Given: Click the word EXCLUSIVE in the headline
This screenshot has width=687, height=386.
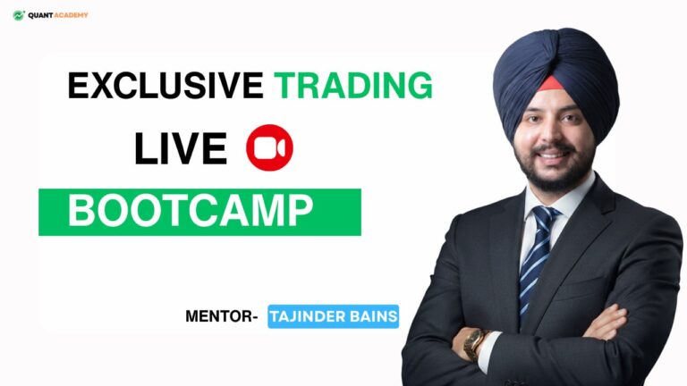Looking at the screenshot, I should (x=165, y=86).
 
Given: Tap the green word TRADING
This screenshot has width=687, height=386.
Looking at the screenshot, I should (x=353, y=86).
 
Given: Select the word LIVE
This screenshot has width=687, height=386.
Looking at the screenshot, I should (x=180, y=149).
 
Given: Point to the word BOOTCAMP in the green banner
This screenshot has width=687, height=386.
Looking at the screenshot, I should (x=191, y=212).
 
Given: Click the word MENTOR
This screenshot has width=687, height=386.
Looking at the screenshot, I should (x=219, y=316).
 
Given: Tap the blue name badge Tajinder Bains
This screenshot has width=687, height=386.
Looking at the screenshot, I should (x=333, y=316).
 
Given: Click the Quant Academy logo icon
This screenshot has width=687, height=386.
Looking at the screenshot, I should (x=18, y=15).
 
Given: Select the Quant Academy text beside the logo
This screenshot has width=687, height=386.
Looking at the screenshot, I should (x=58, y=15).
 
